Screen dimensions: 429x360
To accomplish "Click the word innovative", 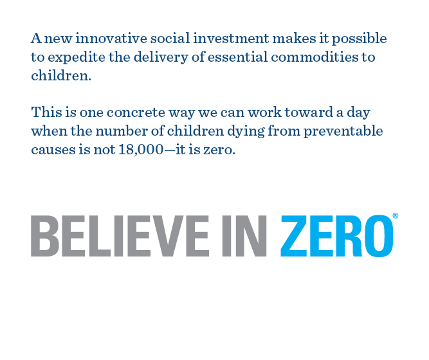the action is point(111,38).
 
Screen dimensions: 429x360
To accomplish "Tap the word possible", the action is point(360,39).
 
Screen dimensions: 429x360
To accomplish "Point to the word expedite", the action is point(77,58).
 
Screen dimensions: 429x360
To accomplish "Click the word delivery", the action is point(161,58).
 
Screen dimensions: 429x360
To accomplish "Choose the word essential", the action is point(238,57).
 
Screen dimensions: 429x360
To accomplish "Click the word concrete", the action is point(136,113).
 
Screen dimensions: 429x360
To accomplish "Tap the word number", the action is point(122,130).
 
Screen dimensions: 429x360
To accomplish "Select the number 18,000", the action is point(141,150).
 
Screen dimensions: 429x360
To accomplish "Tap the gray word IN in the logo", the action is point(244,236).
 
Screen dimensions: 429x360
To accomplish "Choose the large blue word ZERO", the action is point(337,236).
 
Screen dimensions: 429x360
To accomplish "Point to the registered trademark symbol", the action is point(396,216).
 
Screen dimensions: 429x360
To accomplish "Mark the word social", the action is point(170,38).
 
